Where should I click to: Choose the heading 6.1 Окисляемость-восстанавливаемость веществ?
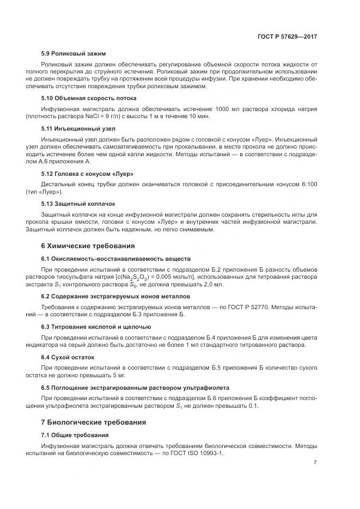115,258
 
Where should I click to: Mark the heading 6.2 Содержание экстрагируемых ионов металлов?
115,296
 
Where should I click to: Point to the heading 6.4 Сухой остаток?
68,357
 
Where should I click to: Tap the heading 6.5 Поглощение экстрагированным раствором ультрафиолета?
135,388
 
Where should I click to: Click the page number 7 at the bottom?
315,463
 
